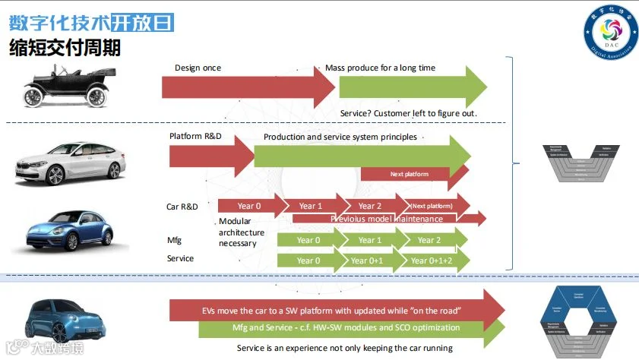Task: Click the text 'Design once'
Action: (198, 68)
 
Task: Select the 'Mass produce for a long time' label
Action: (380, 68)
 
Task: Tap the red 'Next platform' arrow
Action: (414, 174)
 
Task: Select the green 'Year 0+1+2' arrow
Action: (433, 261)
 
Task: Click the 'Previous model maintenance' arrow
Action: (388, 219)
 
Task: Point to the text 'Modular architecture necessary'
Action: (241, 232)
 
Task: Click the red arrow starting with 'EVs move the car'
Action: (334, 310)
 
